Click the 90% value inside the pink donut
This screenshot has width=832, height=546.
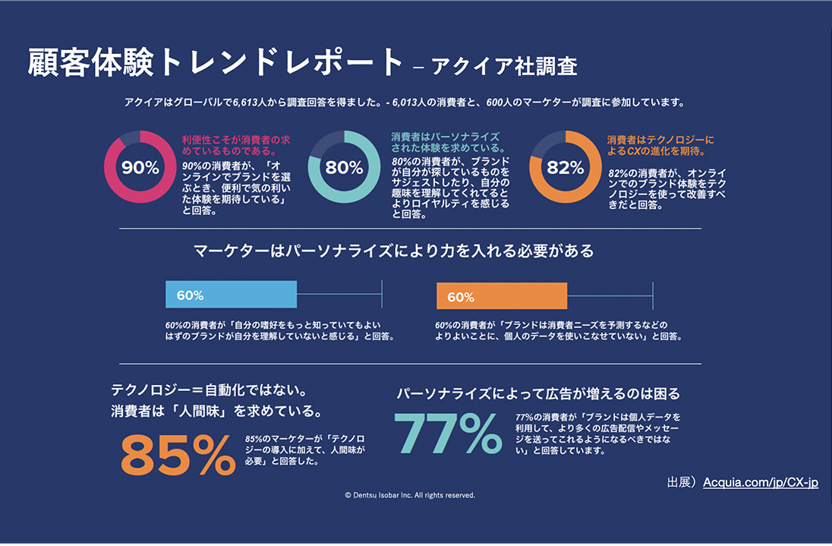coord(140,168)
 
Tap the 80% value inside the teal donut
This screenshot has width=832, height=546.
coord(344,168)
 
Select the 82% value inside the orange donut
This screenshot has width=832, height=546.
coord(566,168)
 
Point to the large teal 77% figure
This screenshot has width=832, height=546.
coord(449,434)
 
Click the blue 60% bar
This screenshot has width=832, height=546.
coord(231,295)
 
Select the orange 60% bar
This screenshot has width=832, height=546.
coord(502,296)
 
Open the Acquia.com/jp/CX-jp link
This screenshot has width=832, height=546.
coord(761,482)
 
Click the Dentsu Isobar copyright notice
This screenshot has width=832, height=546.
coord(410,495)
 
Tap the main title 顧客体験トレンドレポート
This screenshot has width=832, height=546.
coord(215,64)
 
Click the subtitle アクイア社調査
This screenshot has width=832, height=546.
coord(504,67)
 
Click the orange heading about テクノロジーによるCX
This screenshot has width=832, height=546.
coord(660,145)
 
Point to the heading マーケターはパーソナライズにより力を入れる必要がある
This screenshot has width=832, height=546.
coord(393,250)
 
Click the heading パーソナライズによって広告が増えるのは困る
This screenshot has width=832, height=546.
coord(538,394)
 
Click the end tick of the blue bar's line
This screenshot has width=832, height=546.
coord(382,295)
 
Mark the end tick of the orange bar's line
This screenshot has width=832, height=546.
coord(653,296)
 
